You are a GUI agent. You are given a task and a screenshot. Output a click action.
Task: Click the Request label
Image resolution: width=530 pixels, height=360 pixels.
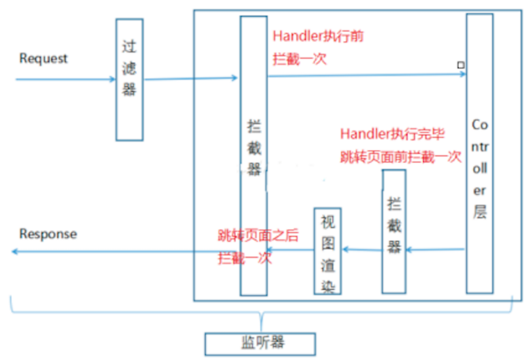pyautogui.click(x=44, y=58)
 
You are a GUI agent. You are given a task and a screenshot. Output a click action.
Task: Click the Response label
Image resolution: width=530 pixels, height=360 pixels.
pyautogui.click(x=48, y=234)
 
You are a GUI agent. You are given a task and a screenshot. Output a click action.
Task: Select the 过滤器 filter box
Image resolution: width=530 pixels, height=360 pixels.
pyautogui.click(x=130, y=79)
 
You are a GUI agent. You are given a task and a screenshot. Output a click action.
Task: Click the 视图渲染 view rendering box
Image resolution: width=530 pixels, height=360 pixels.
pyautogui.click(x=328, y=251)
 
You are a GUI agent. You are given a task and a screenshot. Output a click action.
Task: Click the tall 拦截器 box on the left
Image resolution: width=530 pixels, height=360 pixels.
pyautogui.click(x=254, y=155)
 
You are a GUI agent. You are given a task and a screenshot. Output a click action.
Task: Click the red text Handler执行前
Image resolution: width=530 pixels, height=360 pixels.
pyautogui.click(x=318, y=37)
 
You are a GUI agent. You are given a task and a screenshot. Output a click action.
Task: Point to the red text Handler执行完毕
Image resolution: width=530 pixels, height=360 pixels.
pyautogui.click(x=392, y=134)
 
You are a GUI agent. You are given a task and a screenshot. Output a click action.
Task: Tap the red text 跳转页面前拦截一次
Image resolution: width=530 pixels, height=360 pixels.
pyautogui.click(x=400, y=156)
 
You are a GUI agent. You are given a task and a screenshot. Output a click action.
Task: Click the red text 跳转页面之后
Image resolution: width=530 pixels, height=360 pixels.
pyautogui.click(x=258, y=235)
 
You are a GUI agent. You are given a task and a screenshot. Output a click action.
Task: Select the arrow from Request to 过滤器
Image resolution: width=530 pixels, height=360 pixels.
pyautogui.click(x=66, y=79)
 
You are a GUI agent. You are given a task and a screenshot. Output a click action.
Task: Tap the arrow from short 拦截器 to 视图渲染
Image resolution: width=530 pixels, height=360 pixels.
pyautogui.click(x=362, y=249)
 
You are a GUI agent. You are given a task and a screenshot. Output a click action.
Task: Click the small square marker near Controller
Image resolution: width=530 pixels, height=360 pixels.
pyautogui.click(x=460, y=65)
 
